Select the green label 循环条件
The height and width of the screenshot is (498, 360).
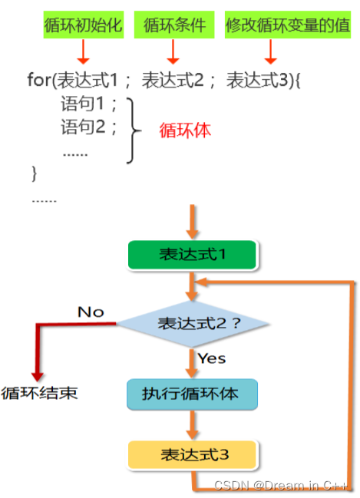coord(174,26)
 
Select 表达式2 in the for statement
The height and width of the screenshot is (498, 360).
coord(175,79)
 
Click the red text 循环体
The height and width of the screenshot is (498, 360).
coord(184,130)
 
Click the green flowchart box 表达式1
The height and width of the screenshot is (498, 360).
coord(193,255)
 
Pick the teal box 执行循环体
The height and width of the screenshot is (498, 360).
coord(192,394)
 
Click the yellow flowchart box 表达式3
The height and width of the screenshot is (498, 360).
coord(192,454)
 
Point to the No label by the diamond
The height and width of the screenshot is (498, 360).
coord(91,312)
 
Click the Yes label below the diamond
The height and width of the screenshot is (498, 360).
coord(212,358)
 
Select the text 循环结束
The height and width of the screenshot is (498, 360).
coord(40,394)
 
